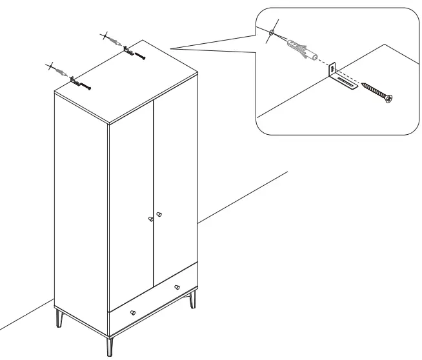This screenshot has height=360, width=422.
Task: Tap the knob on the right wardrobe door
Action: [x=159, y=214]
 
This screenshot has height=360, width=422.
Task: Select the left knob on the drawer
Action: [x=133, y=312]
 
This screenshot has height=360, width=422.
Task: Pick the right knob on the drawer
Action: [x=177, y=287]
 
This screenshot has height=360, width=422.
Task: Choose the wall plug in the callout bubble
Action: [x=300, y=49]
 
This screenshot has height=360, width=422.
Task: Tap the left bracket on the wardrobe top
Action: [x=77, y=82]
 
